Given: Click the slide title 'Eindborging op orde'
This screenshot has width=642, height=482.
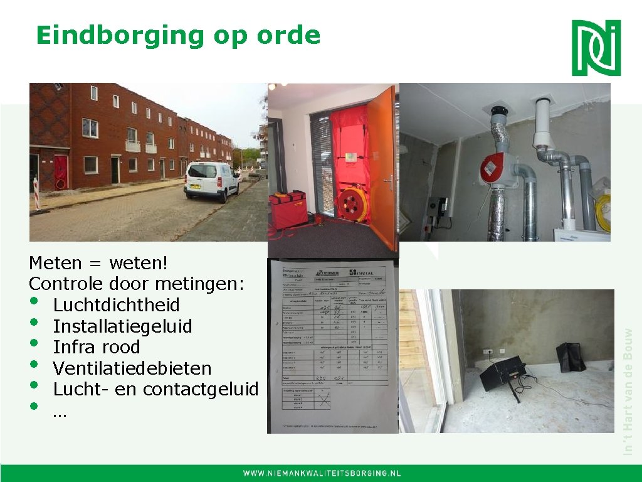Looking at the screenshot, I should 178,35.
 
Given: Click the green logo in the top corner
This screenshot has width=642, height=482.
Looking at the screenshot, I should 596,48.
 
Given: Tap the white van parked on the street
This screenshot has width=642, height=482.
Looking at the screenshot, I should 211,180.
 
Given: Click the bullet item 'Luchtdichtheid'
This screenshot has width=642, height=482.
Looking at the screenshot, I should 116,306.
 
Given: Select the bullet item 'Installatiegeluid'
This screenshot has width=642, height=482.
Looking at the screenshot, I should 122,326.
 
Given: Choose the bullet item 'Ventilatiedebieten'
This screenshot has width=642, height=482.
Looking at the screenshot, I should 132,368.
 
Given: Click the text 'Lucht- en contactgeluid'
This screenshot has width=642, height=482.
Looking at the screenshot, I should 155,389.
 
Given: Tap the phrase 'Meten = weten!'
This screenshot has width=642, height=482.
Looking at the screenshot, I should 99,262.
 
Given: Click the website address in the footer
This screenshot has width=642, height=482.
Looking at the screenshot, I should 322,473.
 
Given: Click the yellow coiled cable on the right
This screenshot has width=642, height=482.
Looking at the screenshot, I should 603,211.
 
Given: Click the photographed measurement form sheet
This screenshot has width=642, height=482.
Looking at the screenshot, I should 333,345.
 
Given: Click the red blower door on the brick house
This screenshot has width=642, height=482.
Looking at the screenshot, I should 61,171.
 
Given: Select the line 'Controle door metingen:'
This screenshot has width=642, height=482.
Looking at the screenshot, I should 136,284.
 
